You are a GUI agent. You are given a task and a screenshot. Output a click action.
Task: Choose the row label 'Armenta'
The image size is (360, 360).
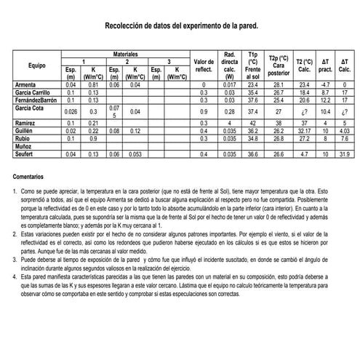pos(26,85)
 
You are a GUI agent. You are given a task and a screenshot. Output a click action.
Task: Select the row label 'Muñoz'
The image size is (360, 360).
pos(24,146)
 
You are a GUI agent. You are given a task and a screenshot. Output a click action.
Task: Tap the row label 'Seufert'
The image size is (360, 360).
pos(25,154)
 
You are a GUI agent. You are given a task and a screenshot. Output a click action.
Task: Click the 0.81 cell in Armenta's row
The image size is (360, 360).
pos(93,85)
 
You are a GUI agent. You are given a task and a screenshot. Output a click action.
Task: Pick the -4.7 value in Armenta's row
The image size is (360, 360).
pos(326,85)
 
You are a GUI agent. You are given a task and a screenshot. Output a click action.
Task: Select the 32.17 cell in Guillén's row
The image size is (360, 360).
pos(305,131)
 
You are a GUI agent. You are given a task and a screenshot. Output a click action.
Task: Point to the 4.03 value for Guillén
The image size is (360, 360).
pos(345,131)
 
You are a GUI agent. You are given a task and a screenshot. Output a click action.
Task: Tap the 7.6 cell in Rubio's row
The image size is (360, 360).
pos(345,138)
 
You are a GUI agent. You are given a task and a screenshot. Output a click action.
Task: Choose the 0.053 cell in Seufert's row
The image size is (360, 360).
pos(135,154)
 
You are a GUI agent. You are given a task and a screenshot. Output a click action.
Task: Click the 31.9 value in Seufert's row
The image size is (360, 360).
pos(345,154)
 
